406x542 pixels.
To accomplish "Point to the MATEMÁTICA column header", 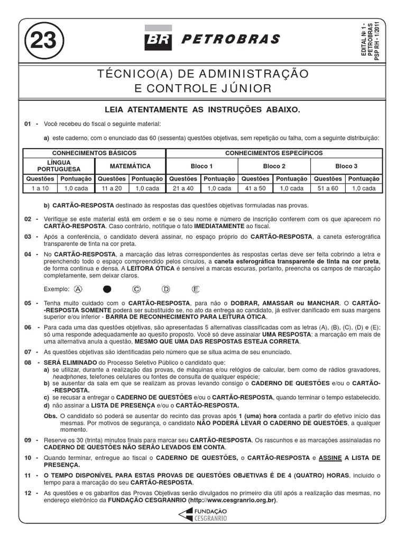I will [131, 166].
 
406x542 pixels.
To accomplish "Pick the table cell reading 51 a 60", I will [328, 188].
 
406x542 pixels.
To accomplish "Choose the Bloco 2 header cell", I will [274, 166].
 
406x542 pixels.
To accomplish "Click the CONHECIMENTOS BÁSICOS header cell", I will [95, 152].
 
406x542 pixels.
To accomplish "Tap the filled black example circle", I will [107, 289].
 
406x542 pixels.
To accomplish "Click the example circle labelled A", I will [79, 289].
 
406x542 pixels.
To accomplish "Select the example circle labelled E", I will [196, 289].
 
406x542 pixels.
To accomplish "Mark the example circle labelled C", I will [136, 289].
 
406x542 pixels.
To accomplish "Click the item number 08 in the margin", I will [29, 362].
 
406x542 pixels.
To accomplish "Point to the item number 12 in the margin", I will [29, 493].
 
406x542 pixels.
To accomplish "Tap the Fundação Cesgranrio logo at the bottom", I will [203, 514].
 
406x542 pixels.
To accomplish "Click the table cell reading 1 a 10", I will [40, 188].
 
